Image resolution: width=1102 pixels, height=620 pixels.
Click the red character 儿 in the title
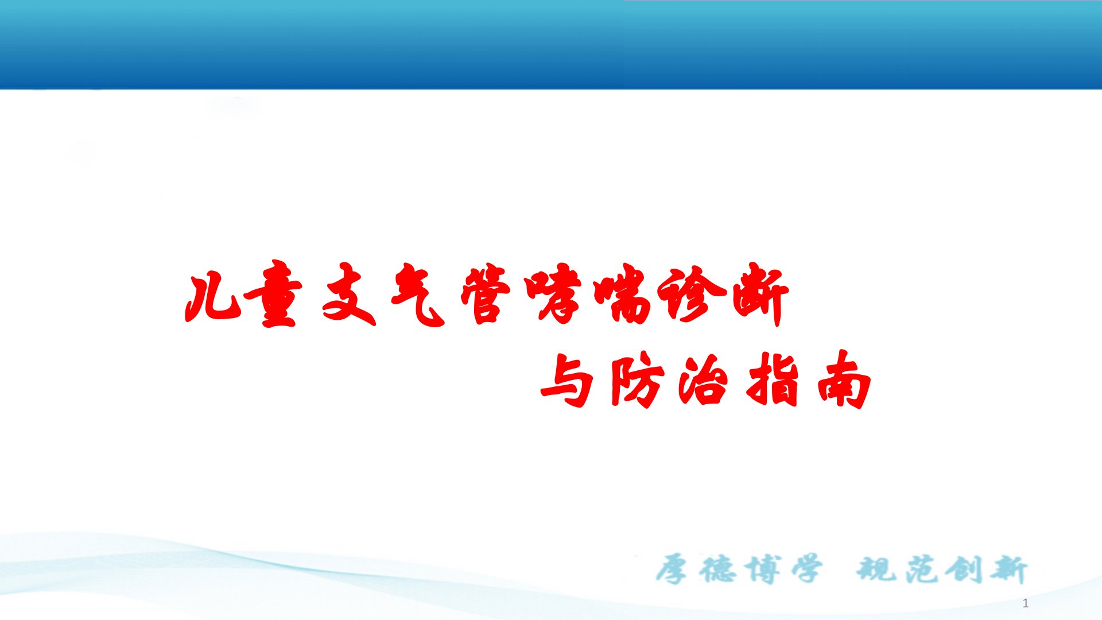pyautogui.click(x=212, y=299)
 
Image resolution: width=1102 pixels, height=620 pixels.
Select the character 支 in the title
pyautogui.click(x=349, y=294)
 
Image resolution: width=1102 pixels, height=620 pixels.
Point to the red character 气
pyautogui.click(x=418, y=294)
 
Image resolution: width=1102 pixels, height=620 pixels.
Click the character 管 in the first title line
pyautogui.click(x=486, y=293)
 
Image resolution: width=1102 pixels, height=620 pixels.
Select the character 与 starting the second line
pyautogui.click(x=567, y=380)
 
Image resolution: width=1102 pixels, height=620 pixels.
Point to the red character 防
pyautogui.click(x=637, y=380)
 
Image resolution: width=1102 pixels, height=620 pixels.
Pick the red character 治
pyautogui.click(x=704, y=379)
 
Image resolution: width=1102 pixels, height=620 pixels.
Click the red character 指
pyautogui.click(x=773, y=379)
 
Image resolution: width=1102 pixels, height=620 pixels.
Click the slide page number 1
pyautogui.click(x=1026, y=603)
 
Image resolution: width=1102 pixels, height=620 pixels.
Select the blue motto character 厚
pyautogui.click(x=672, y=569)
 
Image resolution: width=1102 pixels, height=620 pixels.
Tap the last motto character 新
pyautogui.click(x=1008, y=569)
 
